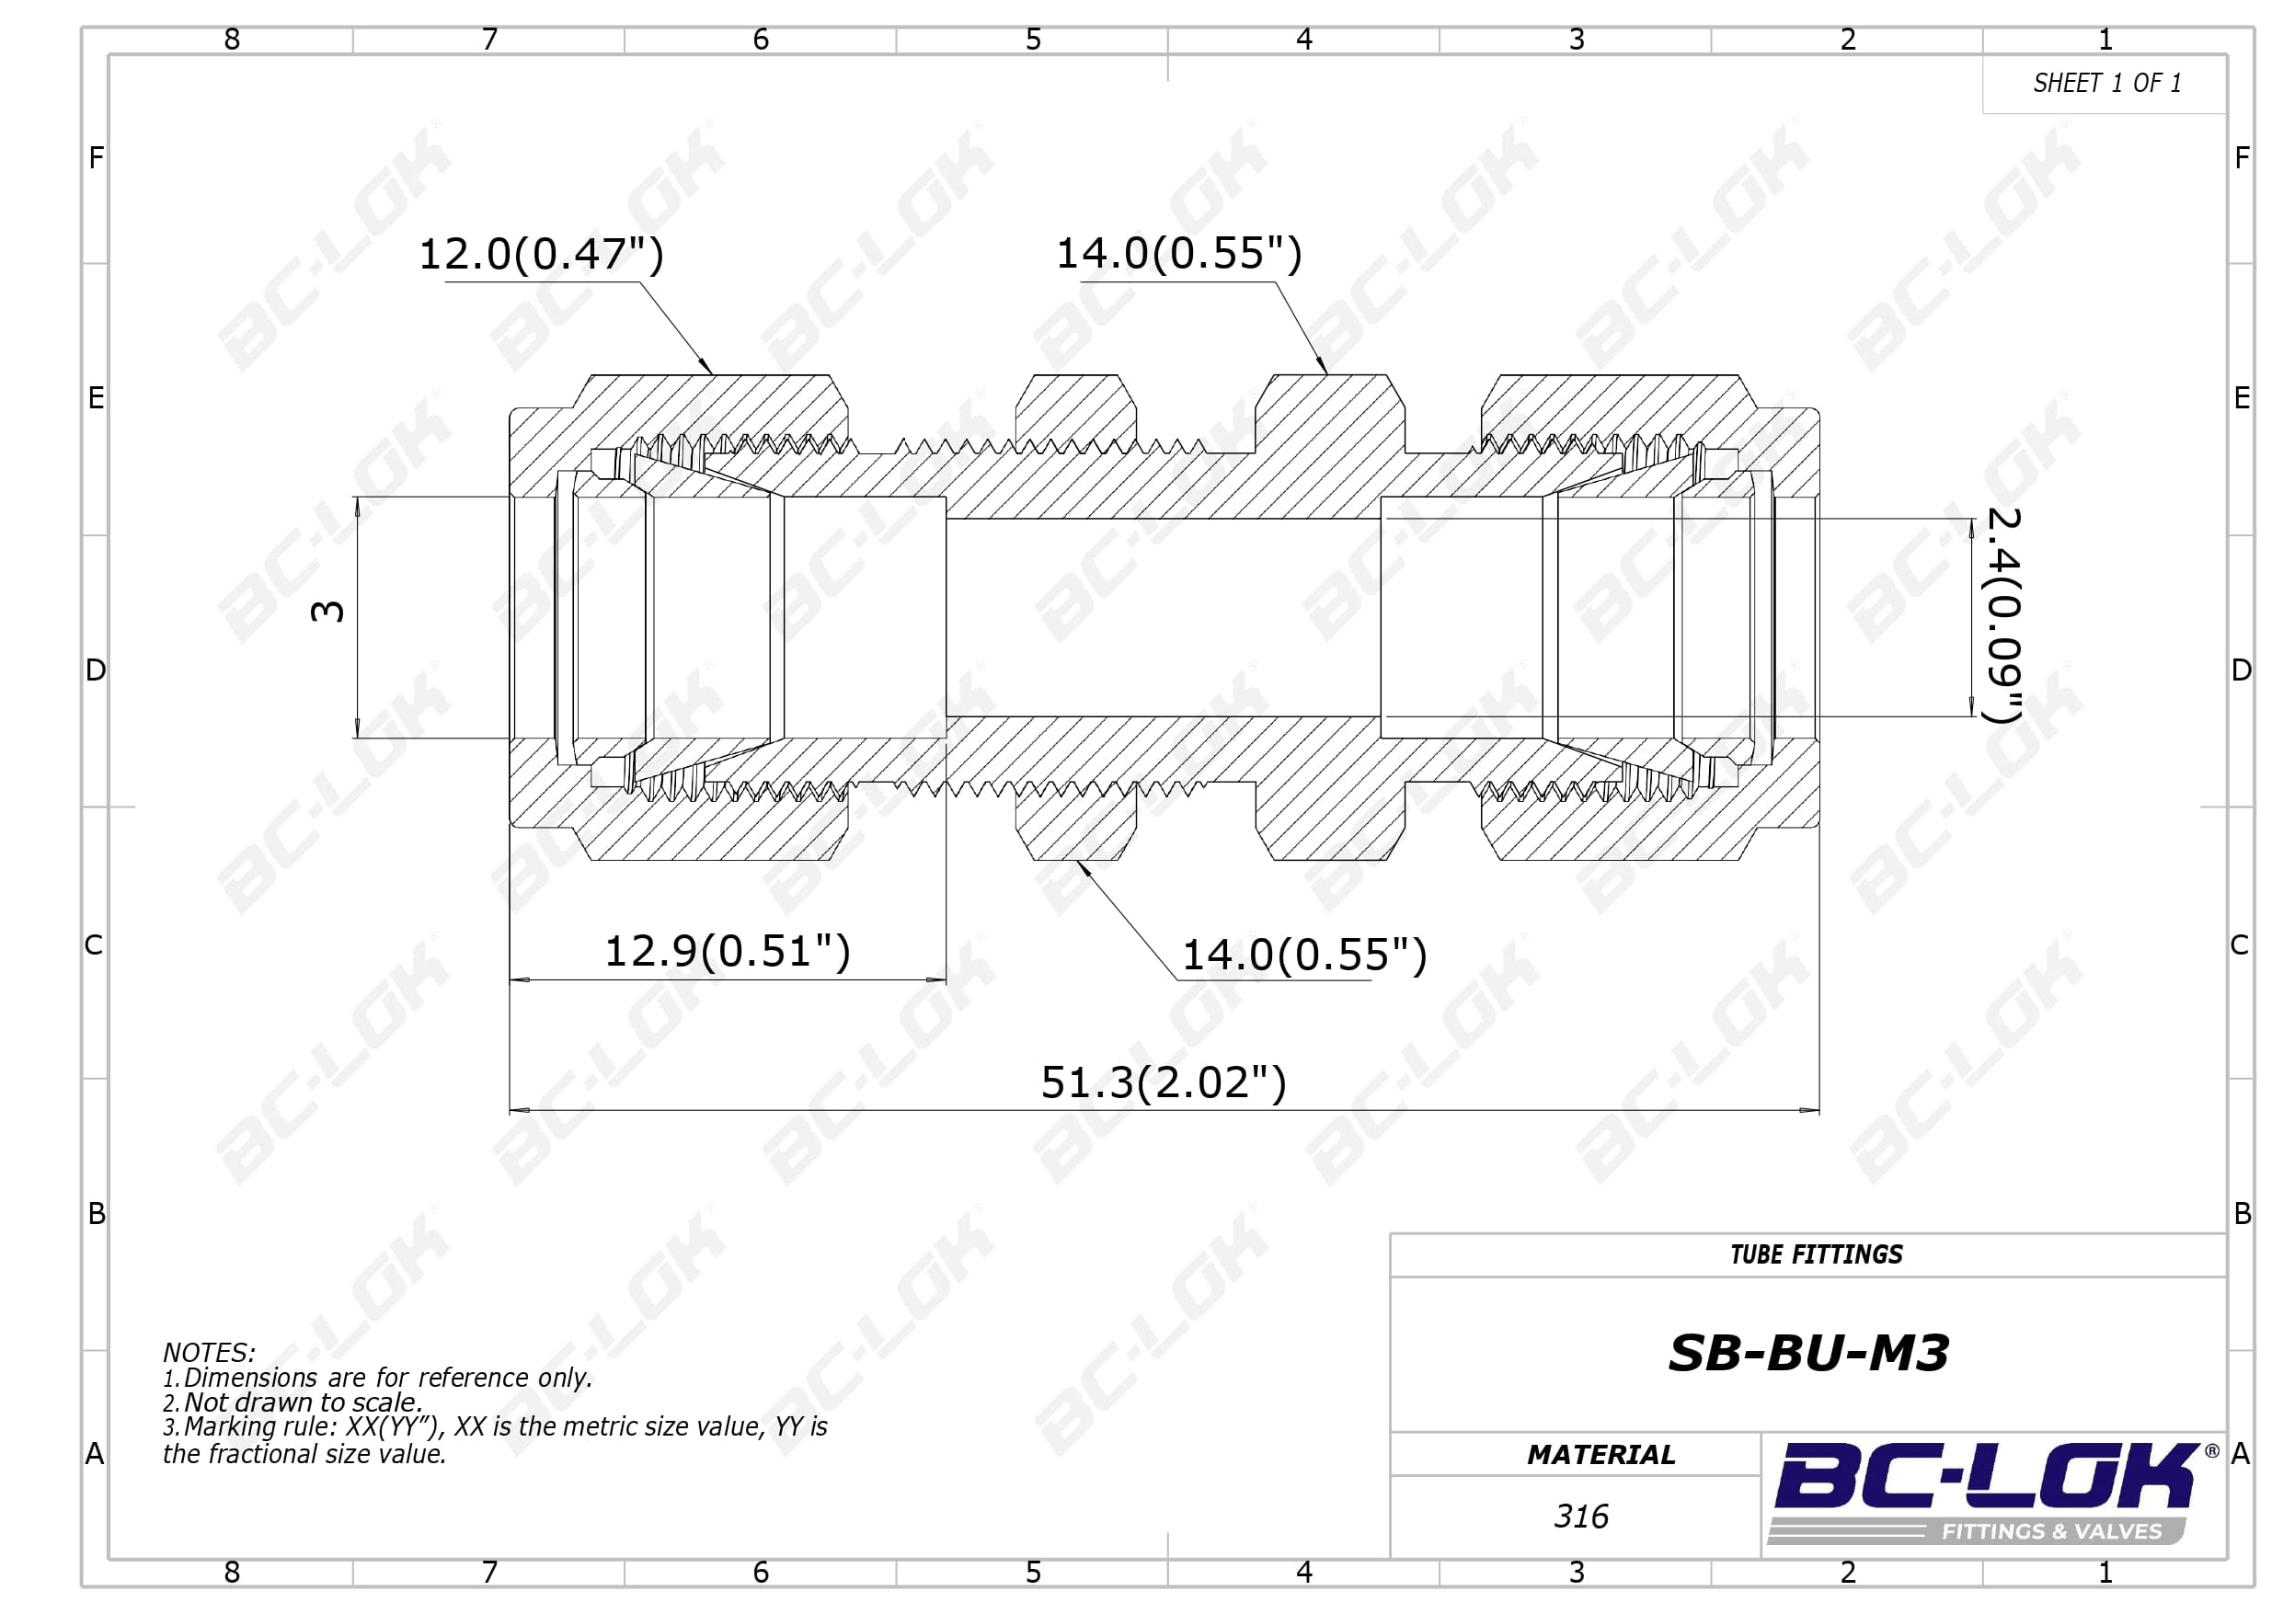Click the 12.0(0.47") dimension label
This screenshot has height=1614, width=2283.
click(x=541, y=255)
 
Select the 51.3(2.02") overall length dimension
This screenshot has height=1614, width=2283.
click(x=1164, y=1083)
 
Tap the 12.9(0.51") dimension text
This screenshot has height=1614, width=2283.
click(x=728, y=952)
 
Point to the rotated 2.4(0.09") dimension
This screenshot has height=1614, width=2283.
click(x=2002, y=614)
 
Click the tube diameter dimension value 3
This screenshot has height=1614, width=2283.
click(x=328, y=611)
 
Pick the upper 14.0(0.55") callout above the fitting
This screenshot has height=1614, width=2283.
click(x=1178, y=254)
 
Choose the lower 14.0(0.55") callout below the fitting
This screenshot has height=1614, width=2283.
click(x=1304, y=955)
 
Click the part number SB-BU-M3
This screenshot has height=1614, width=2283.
click(x=1808, y=1354)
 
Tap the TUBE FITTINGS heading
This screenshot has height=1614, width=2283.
click(x=1817, y=1255)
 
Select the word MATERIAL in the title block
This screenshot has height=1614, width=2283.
click(x=1600, y=1455)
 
